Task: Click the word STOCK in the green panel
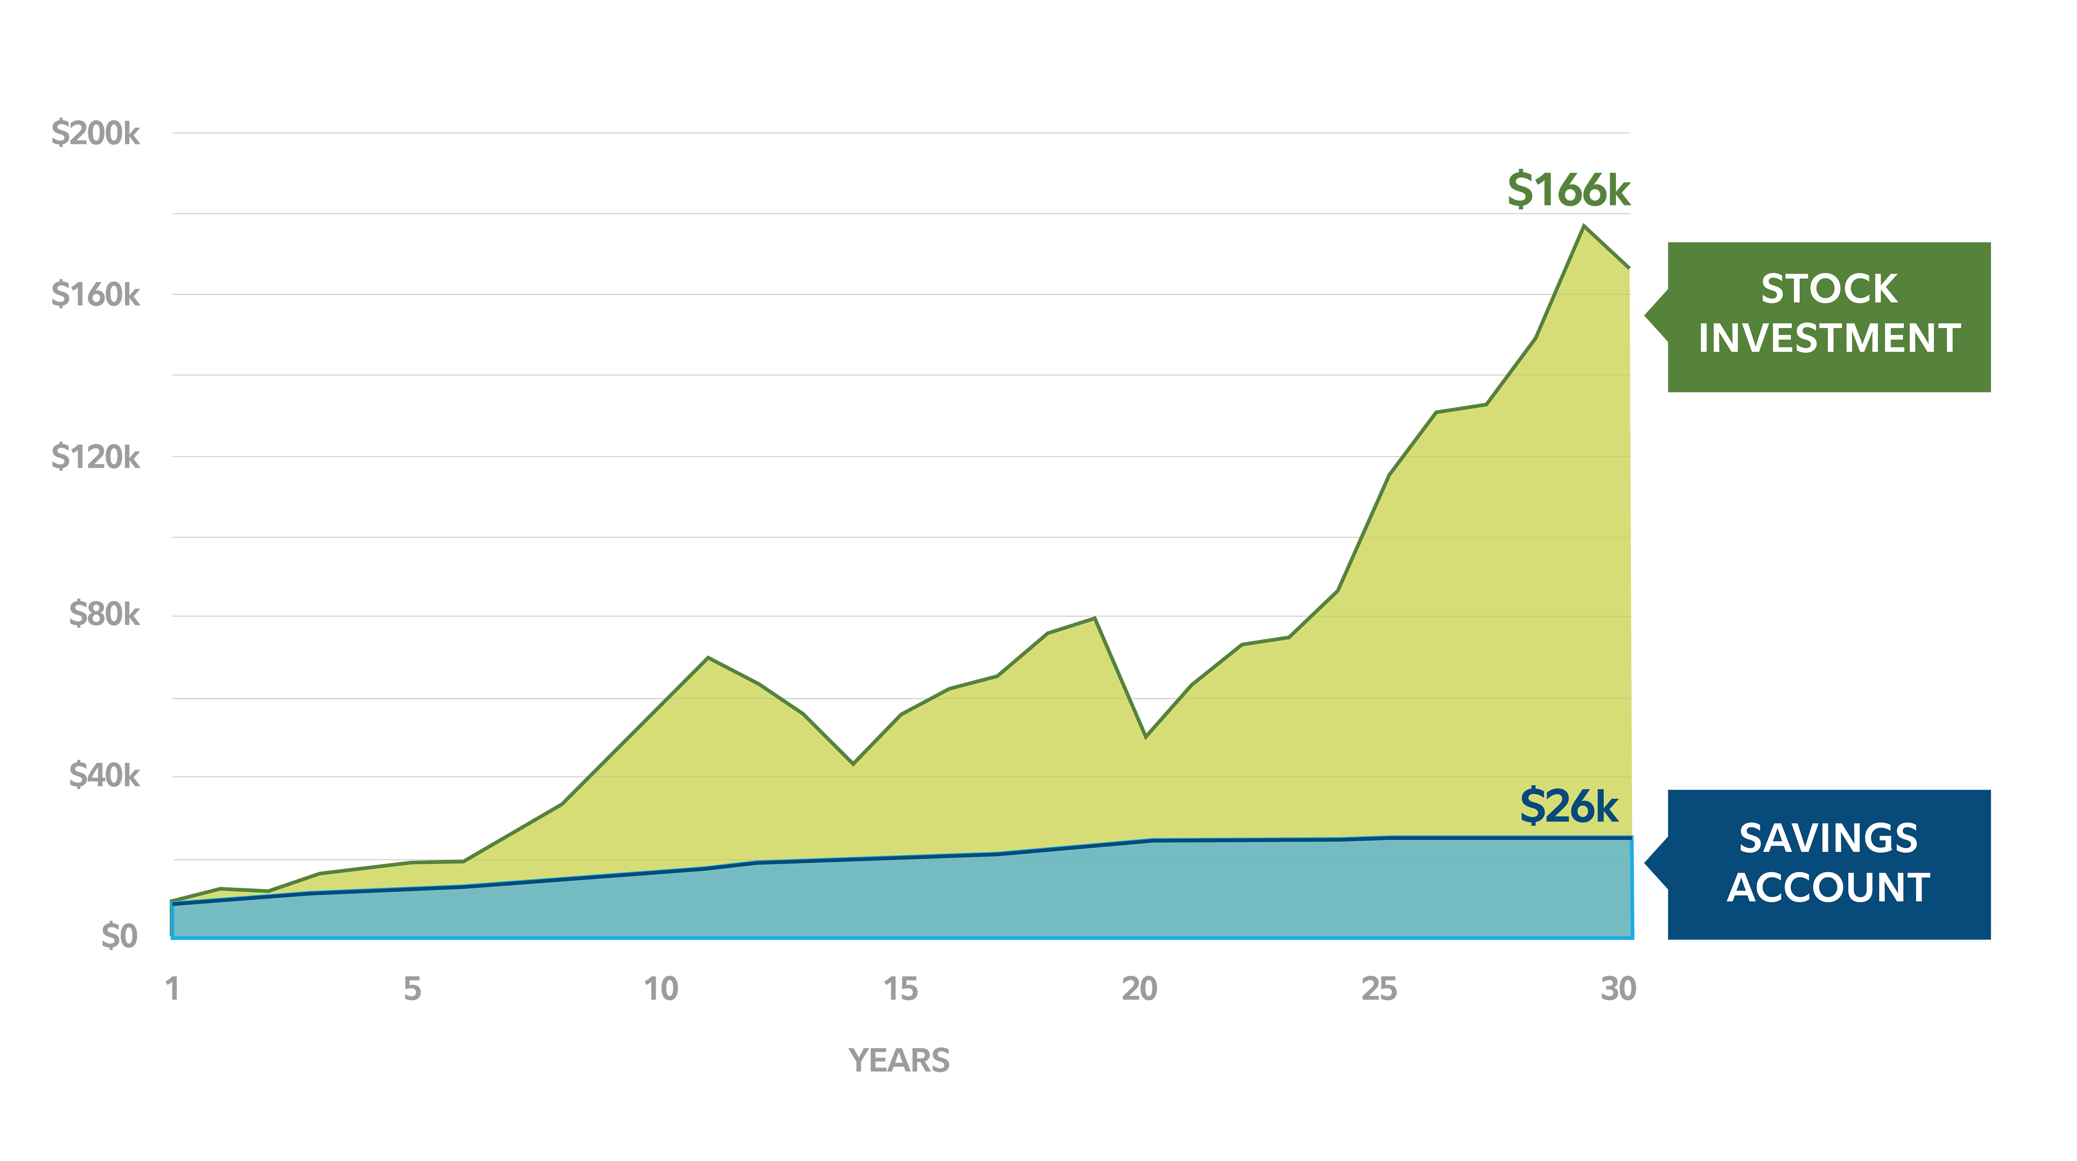(x=1829, y=289)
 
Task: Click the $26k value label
(x=1568, y=806)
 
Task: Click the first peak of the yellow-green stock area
(x=708, y=661)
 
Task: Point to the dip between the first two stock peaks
(x=853, y=764)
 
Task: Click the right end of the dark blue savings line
(x=1630, y=839)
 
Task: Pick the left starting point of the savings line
(x=174, y=904)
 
